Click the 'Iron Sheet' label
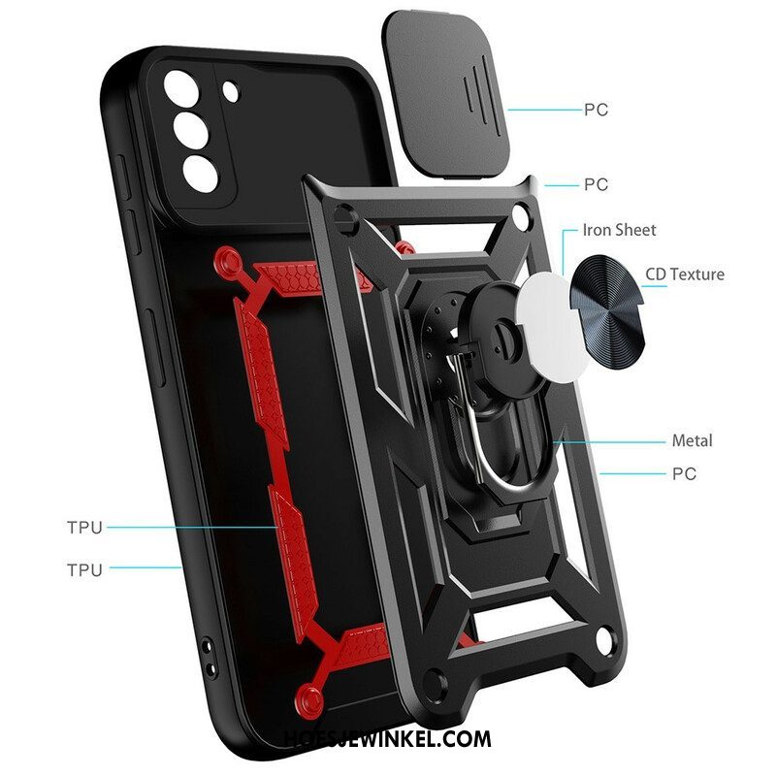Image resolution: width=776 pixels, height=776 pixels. [x=619, y=230]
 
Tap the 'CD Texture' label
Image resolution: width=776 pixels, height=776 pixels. [x=685, y=275]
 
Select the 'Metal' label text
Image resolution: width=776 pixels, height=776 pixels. [x=692, y=440]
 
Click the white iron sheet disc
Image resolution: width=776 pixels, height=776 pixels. [x=552, y=328]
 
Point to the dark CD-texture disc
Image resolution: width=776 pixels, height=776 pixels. [x=609, y=311]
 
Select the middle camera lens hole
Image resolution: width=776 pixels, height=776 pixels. [x=190, y=130]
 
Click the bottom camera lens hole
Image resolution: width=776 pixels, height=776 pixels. [x=200, y=174]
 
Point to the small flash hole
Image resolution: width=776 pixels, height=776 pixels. [x=231, y=92]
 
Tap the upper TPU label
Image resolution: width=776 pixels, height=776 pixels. [x=84, y=528]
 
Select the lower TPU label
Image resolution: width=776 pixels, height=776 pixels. [x=84, y=569]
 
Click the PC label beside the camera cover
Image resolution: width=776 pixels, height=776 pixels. [x=596, y=110]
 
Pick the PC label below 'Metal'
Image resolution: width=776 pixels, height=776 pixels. [x=684, y=473]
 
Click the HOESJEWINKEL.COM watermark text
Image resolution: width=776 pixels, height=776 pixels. [x=388, y=739]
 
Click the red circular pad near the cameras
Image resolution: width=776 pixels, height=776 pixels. [x=228, y=261]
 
